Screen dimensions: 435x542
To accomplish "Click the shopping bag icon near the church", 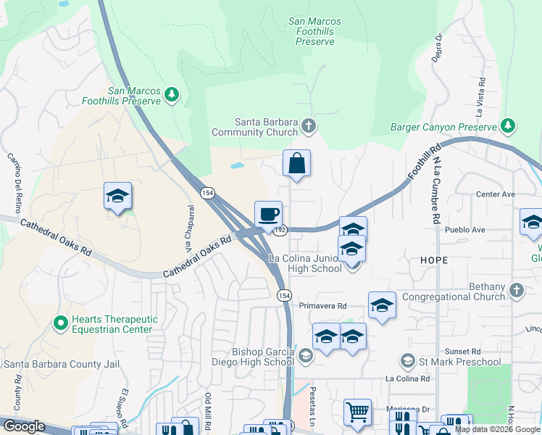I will (x=296, y=164).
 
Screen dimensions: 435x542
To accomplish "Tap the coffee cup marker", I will (x=268, y=215).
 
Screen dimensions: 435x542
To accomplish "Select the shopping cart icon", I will (x=357, y=413).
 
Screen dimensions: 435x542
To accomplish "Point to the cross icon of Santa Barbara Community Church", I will (x=309, y=127).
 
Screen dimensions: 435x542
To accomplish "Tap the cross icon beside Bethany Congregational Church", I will (x=516, y=291).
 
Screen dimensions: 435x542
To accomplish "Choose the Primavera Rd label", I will (x=323, y=306).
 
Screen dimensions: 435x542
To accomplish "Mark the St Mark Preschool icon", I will (x=408, y=361).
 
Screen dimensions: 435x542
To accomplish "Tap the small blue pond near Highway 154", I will (x=238, y=165).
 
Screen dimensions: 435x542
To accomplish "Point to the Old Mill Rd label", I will (x=208, y=410).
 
